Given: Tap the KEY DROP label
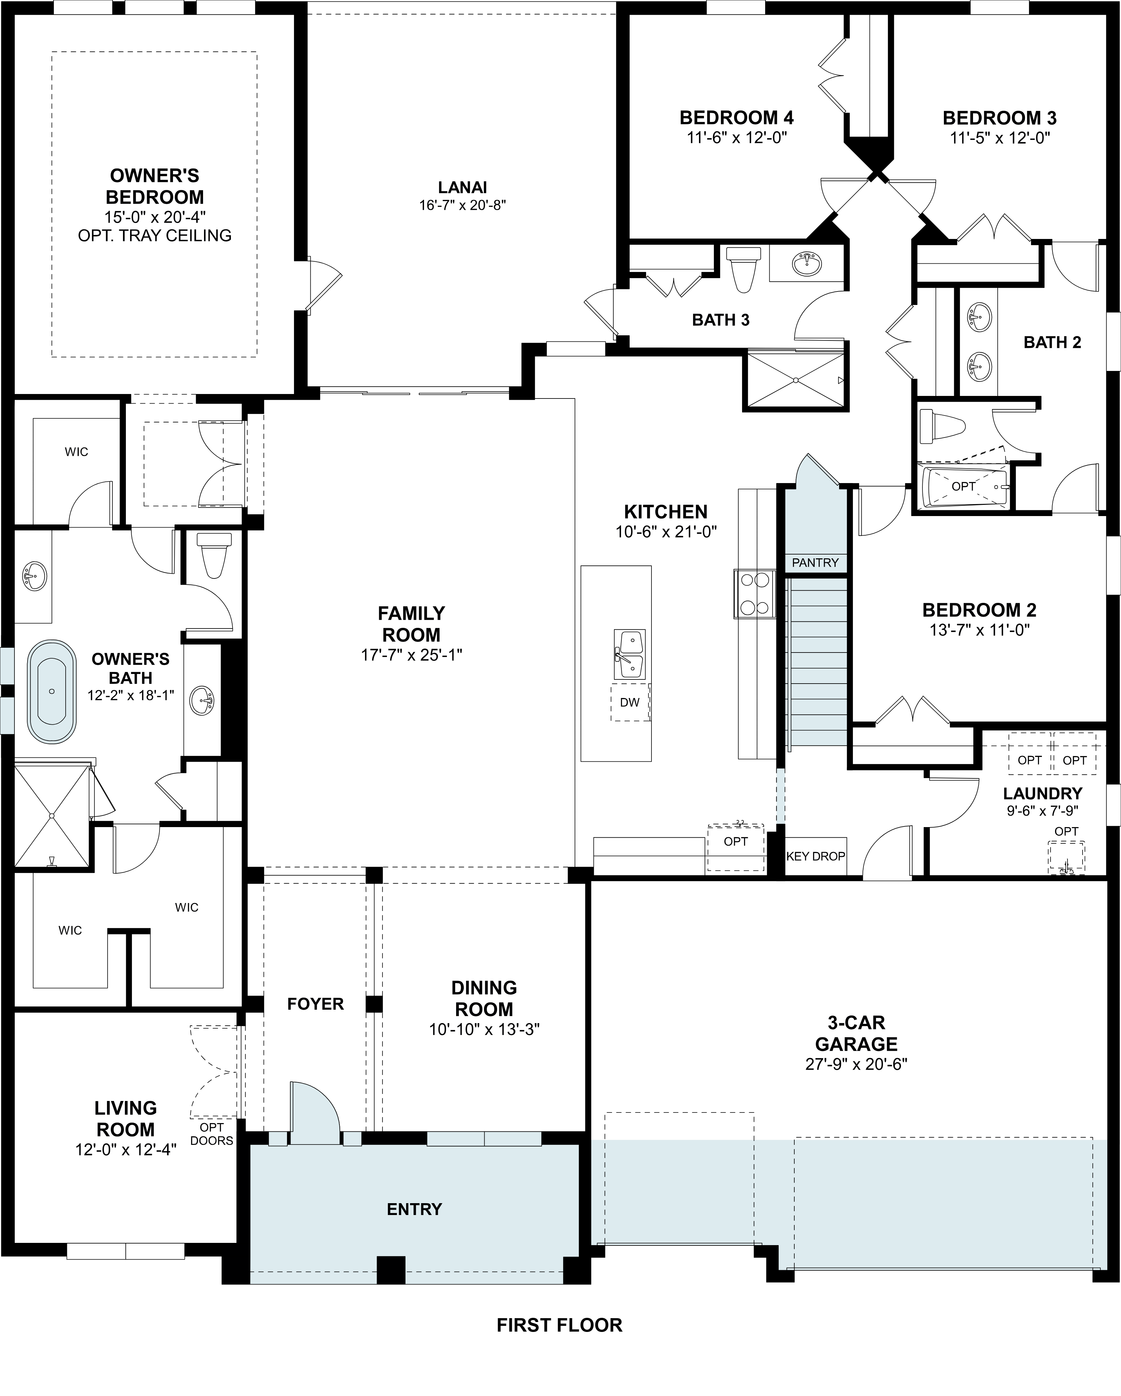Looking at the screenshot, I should click(x=815, y=856).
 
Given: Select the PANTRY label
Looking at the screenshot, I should click(x=815, y=563).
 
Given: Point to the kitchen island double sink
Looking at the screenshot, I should click(x=629, y=655).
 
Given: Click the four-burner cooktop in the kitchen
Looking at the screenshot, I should click(x=755, y=593).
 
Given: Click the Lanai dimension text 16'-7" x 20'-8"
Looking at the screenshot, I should click(x=462, y=205).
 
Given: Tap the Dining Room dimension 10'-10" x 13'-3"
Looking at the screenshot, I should click(x=484, y=1030).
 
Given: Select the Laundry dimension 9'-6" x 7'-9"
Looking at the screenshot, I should click(x=1042, y=810).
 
